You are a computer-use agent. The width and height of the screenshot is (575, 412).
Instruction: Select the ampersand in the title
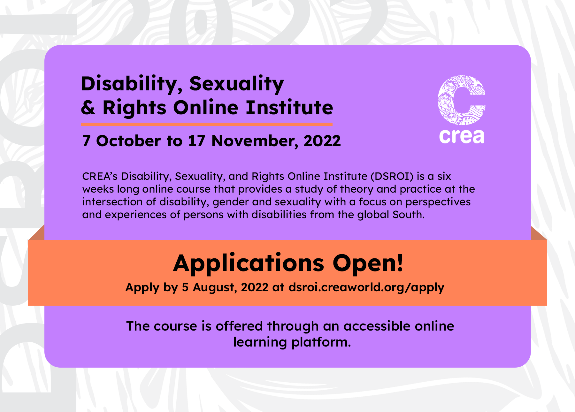[88, 107]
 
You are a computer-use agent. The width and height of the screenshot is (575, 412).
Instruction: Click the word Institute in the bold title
[289, 107]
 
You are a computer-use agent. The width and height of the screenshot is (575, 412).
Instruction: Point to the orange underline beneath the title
[207, 124]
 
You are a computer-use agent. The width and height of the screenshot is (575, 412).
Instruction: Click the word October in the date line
[128, 141]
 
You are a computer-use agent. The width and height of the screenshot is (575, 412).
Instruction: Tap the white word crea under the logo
[462, 136]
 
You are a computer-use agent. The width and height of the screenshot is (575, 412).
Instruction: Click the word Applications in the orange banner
[249, 264]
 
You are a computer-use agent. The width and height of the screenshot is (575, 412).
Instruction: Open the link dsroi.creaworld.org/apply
[366, 287]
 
